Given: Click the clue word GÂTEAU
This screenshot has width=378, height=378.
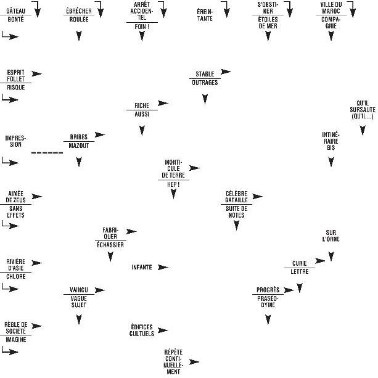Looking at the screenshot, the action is pos(15,11).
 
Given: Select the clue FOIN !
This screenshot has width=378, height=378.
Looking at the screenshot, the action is pos(142,27).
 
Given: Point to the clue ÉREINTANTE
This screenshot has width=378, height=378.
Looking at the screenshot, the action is pos(205,15).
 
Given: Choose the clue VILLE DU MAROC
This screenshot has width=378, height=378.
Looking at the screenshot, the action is pos(331,7).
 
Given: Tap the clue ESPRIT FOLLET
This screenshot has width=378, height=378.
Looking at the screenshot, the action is pos(15,75).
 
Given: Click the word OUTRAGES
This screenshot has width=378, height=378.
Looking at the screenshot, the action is pos(205,83).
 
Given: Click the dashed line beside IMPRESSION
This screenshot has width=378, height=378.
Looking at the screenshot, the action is pos(47,152).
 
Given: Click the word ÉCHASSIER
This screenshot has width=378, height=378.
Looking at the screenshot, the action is pos(110,245).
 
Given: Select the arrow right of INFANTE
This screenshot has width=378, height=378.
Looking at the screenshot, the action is pos(163,267).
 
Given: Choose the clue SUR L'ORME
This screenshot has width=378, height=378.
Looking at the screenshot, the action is pos(331,236).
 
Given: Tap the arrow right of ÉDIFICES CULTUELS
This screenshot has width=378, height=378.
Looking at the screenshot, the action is pos(163,331).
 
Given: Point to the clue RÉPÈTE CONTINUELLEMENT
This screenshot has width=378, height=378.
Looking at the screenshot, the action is pos(173,361).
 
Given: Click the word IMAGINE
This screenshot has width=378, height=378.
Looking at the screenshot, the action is pos(15,339).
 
